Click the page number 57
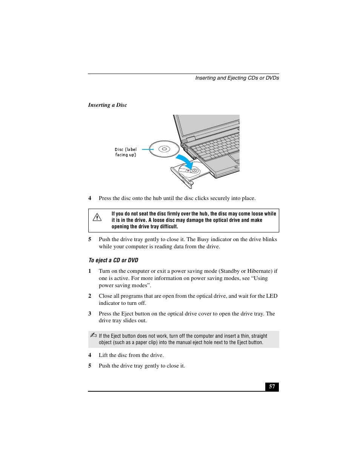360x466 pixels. (272, 386)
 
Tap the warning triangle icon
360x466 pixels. (97, 217)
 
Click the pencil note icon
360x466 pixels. (94, 335)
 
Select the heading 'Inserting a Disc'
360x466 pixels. (108, 105)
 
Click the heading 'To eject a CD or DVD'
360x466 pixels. (113, 260)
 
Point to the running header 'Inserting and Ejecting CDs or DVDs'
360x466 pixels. (237, 78)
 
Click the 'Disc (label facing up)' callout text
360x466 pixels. (126, 152)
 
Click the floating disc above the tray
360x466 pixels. (164, 149)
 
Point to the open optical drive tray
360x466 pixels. (191, 174)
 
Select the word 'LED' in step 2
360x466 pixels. (272, 296)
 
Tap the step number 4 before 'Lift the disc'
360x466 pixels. (90, 355)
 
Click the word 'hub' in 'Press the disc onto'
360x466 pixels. (157, 198)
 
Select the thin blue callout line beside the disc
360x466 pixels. (148, 149)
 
